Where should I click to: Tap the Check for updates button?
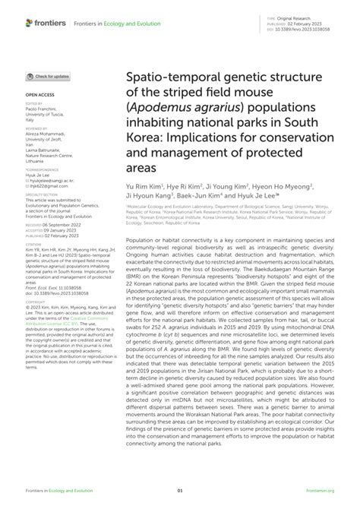(x=50, y=77)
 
